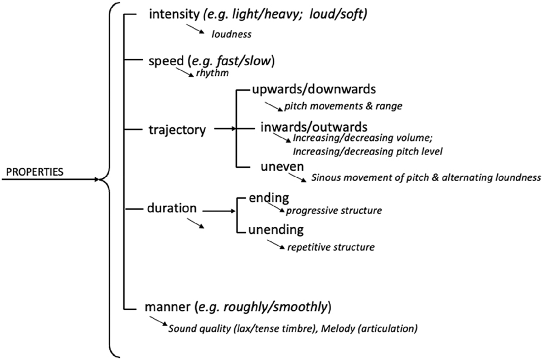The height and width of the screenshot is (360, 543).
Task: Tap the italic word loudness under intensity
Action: (x=231, y=35)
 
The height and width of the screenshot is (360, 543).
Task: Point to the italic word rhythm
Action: (x=211, y=72)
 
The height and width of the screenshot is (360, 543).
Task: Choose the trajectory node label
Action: (x=177, y=130)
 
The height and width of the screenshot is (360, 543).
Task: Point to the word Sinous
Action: (x=326, y=178)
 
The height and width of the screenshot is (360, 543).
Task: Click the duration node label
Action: (x=172, y=208)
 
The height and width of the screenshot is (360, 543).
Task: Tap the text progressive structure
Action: (x=333, y=211)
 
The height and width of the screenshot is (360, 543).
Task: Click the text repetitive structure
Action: (x=331, y=246)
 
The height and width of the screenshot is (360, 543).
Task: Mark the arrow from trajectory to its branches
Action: (x=226, y=129)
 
